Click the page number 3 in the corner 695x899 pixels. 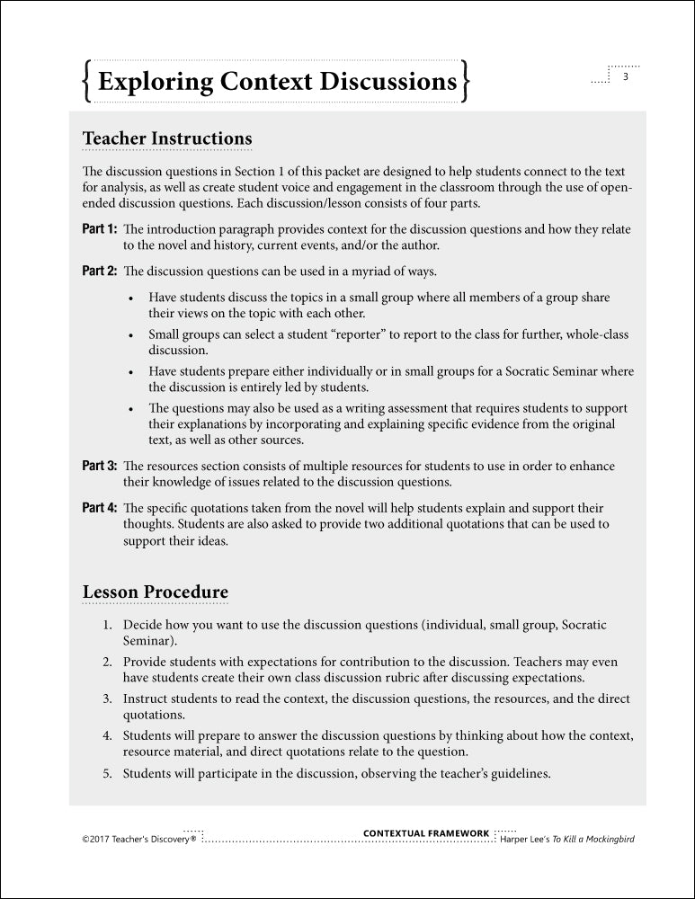(x=625, y=76)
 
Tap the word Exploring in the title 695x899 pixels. (x=150, y=82)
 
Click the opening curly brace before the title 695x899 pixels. (x=85, y=82)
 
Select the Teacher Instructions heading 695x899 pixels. (x=167, y=138)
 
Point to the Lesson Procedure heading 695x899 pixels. (x=155, y=592)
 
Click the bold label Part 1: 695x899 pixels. (x=100, y=229)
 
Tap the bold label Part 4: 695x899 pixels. (x=100, y=508)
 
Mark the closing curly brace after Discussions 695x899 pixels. (x=464, y=82)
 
